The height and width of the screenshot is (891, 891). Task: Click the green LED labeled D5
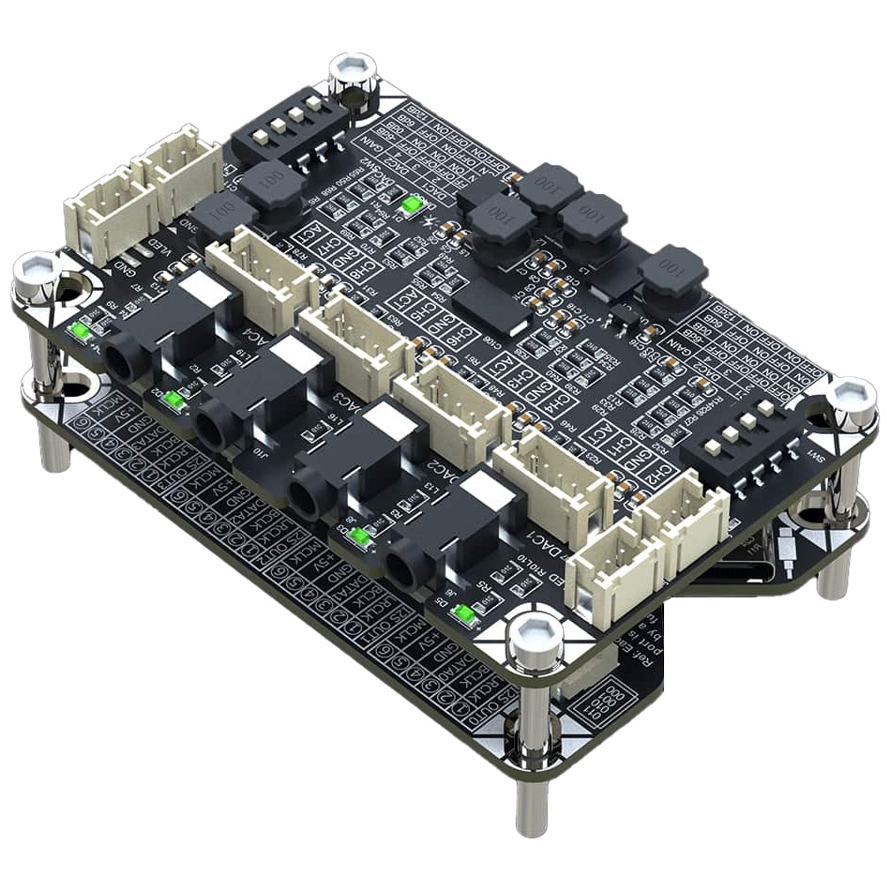[462, 615]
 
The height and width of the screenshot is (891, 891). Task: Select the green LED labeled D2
[173, 400]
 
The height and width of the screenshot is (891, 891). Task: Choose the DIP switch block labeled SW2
[281, 139]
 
